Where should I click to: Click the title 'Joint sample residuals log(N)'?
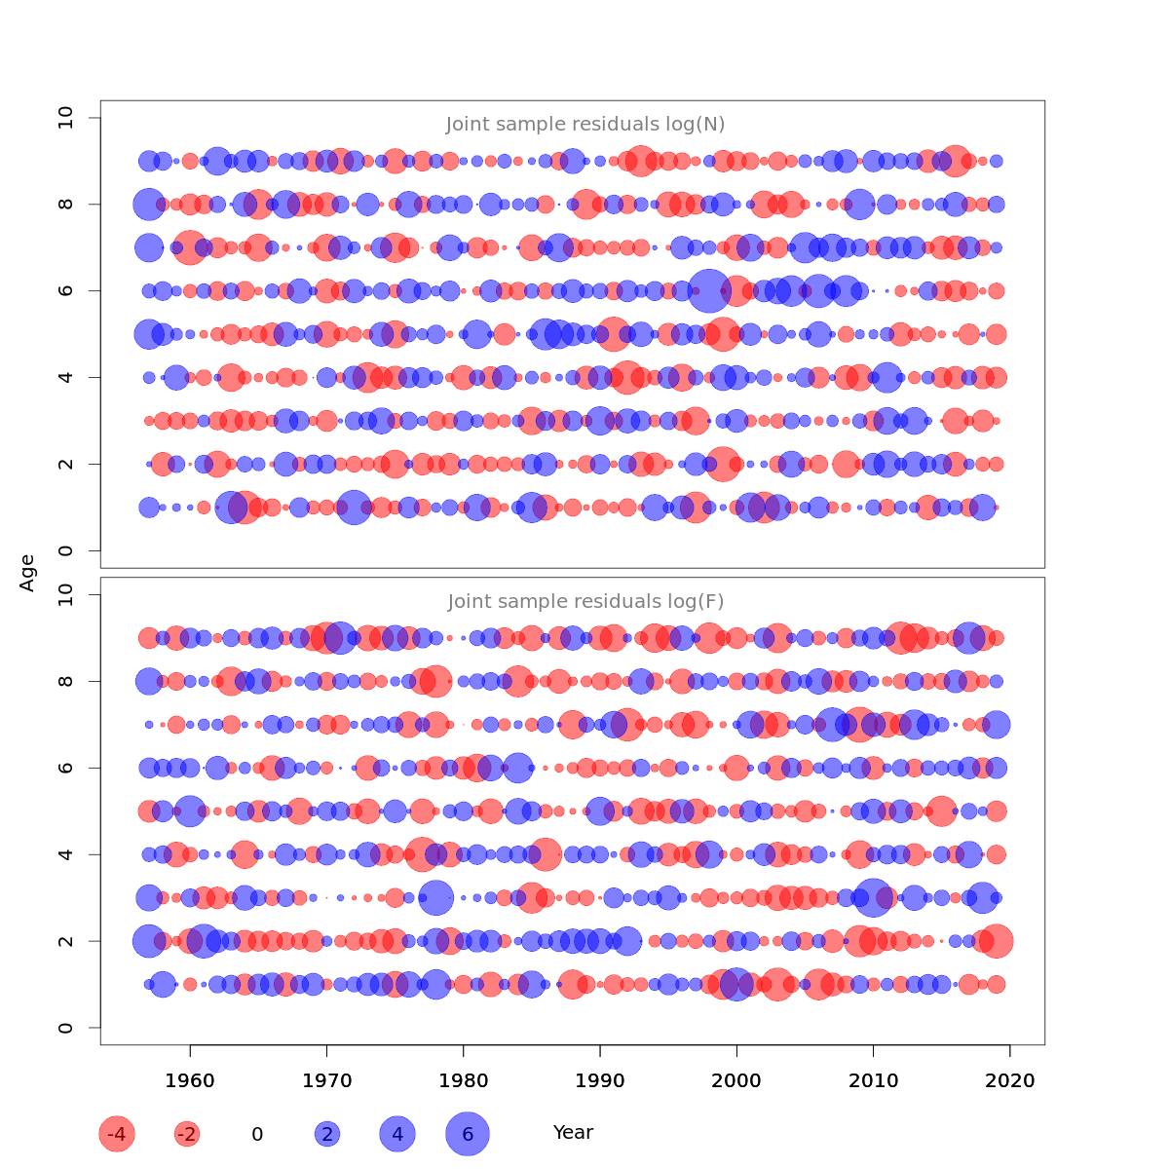click(x=585, y=125)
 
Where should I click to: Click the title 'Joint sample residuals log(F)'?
click(x=585, y=602)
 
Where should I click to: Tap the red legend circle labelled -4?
click(x=117, y=1134)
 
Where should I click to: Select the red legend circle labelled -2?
click(x=187, y=1134)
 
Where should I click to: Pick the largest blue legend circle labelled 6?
click(x=468, y=1134)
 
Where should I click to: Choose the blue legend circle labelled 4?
click(x=397, y=1134)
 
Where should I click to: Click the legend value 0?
click(x=257, y=1134)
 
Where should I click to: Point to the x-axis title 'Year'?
click(x=573, y=1132)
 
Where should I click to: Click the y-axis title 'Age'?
click(x=27, y=573)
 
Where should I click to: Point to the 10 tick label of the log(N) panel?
click(x=66, y=118)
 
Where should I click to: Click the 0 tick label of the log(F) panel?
click(x=66, y=1028)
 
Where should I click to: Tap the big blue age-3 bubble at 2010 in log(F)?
click(x=874, y=897)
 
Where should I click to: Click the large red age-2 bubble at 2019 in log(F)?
click(x=997, y=941)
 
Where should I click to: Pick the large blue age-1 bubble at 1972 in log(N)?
click(x=354, y=508)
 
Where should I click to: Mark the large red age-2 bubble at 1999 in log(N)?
click(x=723, y=464)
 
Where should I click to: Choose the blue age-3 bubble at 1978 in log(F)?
click(x=435, y=897)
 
